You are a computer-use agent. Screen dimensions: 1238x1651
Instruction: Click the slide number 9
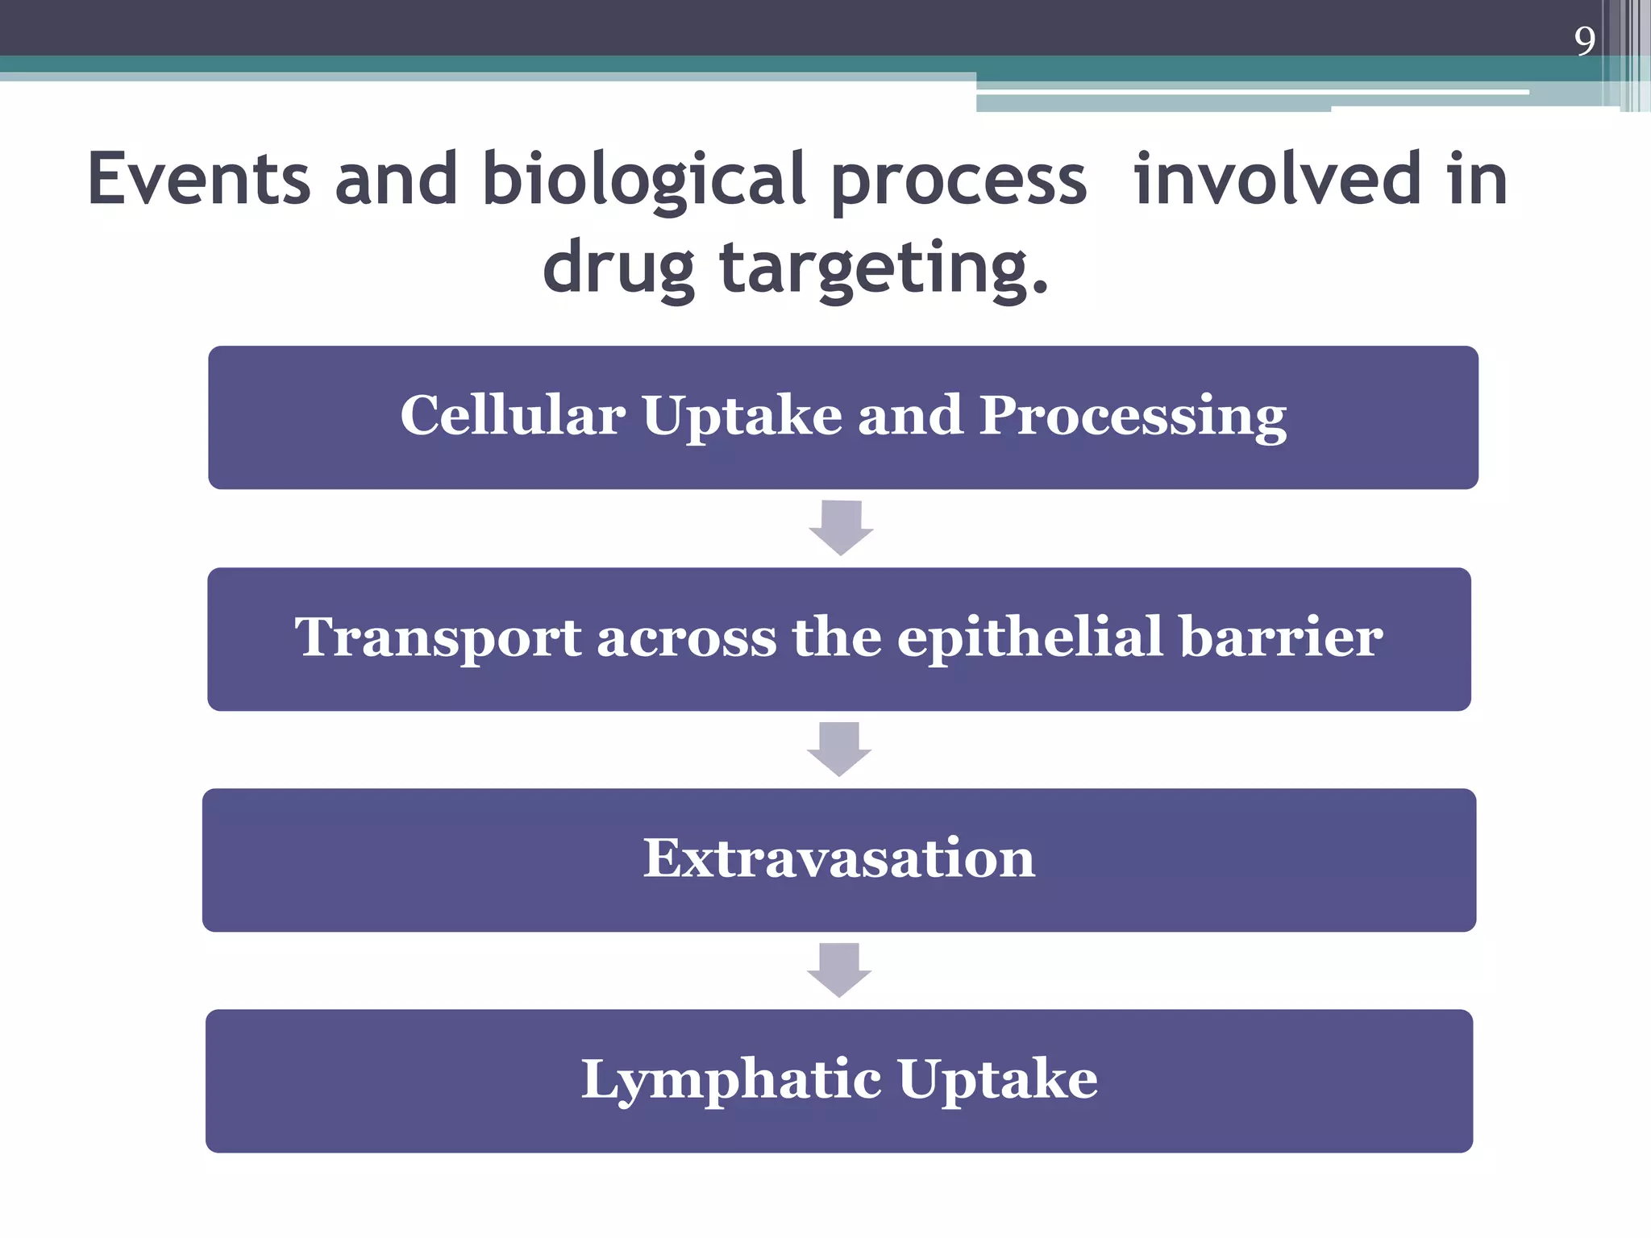click(x=1584, y=40)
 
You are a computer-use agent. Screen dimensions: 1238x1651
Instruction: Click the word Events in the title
click(x=198, y=179)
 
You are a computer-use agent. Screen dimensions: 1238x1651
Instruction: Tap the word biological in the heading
click(x=643, y=179)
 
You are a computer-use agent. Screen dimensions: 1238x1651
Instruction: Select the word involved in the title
click(x=1277, y=179)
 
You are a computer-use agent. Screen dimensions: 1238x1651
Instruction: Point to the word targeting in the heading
click(x=884, y=268)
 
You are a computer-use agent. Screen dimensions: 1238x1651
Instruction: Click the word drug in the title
click(x=618, y=268)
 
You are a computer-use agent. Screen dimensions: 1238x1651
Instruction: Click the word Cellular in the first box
click(x=513, y=416)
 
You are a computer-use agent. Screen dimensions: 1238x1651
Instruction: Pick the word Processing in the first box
click(x=1133, y=416)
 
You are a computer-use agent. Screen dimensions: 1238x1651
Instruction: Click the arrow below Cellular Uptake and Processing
click(x=841, y=528)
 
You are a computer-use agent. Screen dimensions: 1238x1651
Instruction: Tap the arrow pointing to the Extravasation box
click(x=839, y=749)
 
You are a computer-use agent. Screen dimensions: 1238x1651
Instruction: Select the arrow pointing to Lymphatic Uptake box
click(x=839, y=970)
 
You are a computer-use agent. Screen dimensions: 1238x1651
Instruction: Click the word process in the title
click(x=959, y=179)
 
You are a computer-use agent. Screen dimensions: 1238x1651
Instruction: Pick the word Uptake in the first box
click(x=742, y=416)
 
